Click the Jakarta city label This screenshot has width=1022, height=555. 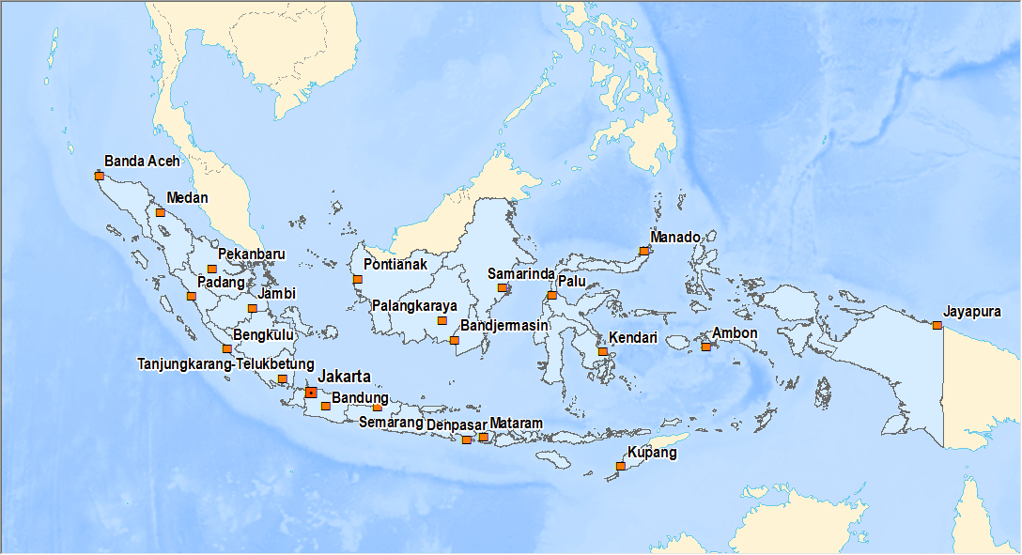(344, 377)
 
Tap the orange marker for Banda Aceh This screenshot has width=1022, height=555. (99, 176)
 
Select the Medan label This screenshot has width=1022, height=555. (187, 198)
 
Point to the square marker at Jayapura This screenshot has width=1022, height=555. (937, 326)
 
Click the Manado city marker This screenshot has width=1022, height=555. (643, 251)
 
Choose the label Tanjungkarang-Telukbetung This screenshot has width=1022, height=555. (225, 363)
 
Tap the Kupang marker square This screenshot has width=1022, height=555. (620, 466)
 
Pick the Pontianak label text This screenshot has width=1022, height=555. (395, 265)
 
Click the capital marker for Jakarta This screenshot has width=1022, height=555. (311, 393)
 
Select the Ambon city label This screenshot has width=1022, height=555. (735, 333)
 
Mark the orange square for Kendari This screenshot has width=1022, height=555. (602, 352)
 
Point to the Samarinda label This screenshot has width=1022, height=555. (519, 273)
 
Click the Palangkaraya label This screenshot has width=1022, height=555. (414, 306)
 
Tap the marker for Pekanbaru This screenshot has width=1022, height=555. (211, 270)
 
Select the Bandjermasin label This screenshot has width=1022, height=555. (503, 326)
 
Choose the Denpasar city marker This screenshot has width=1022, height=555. (466, 439)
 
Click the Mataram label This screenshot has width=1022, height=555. (516, 424)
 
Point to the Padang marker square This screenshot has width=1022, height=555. (191, 296)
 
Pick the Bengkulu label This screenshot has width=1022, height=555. (264, 334)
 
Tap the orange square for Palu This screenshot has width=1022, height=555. (551, 296)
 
